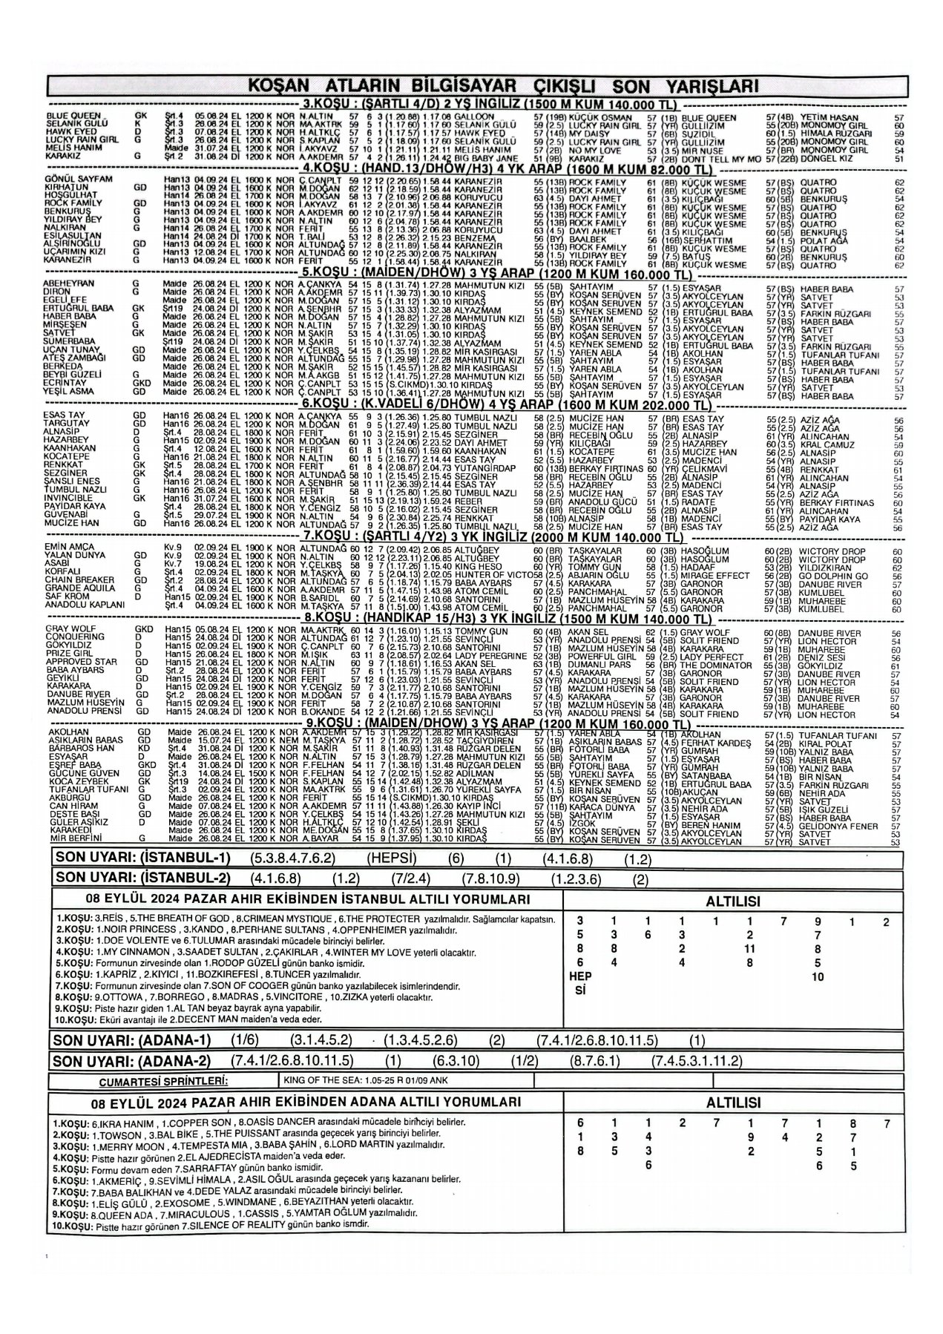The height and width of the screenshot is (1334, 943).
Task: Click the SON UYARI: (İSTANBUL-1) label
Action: [x=142, y=859]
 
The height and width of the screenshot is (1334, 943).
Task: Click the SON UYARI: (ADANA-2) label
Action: [x=131, y=1061]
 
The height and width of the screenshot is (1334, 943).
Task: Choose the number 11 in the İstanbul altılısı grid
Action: [x=749, y=948]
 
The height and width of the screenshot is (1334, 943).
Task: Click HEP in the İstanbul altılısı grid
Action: [x=581, y=977]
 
